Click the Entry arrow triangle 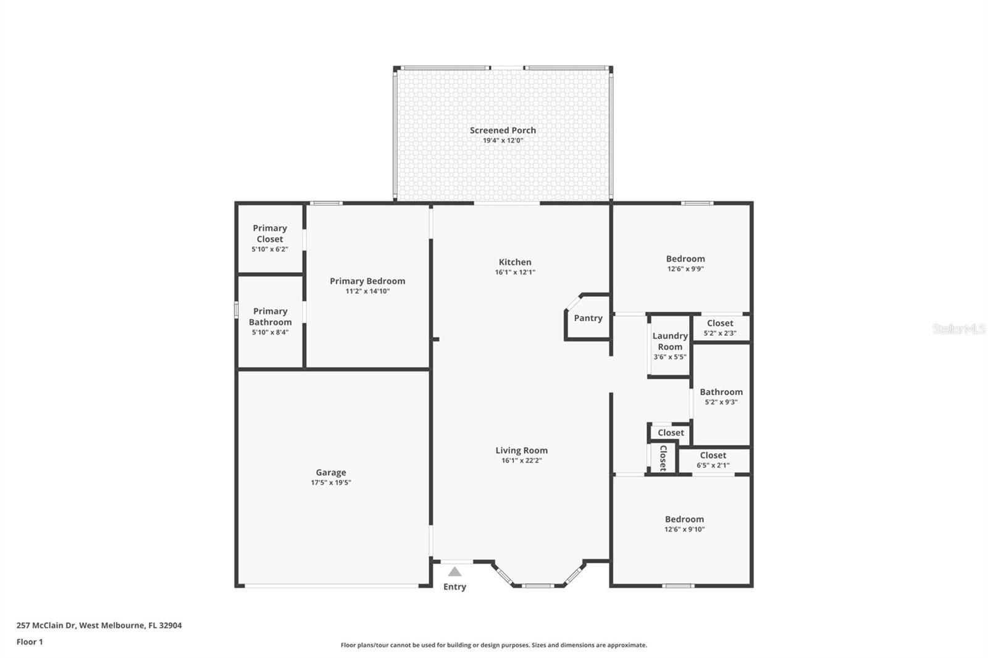pos(454,572)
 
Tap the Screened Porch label pos(503,130)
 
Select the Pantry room pos(588,318)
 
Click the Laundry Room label pos(670,341)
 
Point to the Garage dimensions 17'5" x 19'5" pos(331,483)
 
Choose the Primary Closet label pos(270,233)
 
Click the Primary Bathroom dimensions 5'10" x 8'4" pos(270,332)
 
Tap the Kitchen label pos(515,262)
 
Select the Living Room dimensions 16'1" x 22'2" pos(521,460)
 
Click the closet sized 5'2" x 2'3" pos(720,328)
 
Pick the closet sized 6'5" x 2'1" pos(713,460)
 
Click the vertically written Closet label pos(663,458)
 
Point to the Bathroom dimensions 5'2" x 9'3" pos(721,402)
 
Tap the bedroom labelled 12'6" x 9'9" pos(685,263)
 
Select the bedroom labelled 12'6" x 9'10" pos(684,523)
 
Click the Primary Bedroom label pos(367,281)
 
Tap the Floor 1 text pos(30,642)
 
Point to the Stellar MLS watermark pos(959,329)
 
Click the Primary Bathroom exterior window pos(236,309)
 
